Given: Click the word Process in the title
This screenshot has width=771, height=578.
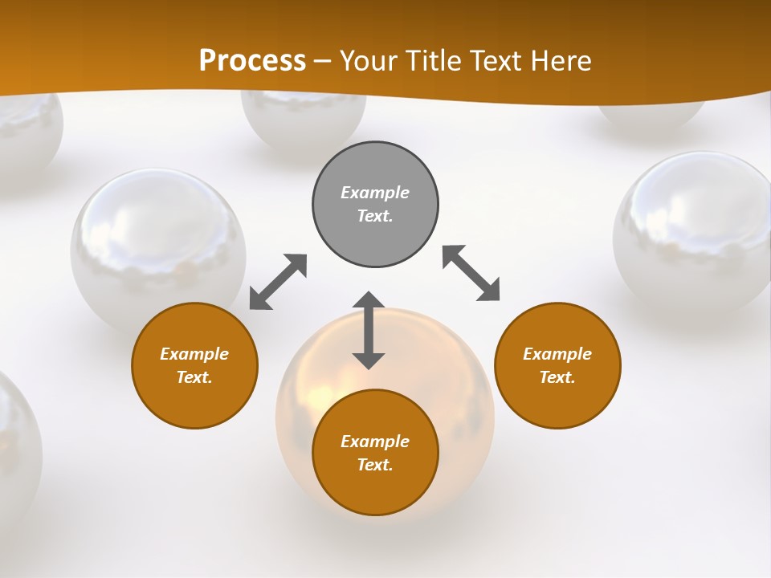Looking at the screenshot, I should click(x=252, y=60).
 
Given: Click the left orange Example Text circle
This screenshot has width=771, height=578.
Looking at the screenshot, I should click(x=194, y=365).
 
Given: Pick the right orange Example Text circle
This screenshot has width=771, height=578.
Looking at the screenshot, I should click(x=557, y=365).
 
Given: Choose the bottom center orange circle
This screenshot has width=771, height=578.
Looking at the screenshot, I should click(x=375, y=453).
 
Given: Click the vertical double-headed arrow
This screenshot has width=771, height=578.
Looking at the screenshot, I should click(x=369, y=330).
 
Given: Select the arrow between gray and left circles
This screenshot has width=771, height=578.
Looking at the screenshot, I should click(x=278, y=282).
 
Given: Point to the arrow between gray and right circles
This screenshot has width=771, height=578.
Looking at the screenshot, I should click(x=471, y=273).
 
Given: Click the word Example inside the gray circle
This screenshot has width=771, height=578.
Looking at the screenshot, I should click(x=375, y=193).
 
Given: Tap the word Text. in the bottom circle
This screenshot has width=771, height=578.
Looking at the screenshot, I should click(x=375, y=465).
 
